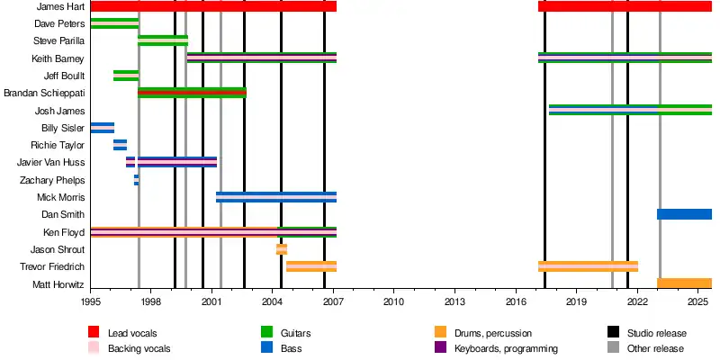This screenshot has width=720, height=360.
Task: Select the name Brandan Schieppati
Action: click(x=44, y=93)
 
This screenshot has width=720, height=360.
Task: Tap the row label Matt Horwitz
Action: click(x=58, y=283)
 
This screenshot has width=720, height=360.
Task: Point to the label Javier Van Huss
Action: click(x=50, y=162)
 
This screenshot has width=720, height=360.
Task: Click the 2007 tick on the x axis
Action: click(x=333, y=303)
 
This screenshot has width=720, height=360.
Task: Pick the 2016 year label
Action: click(x=516, y=303)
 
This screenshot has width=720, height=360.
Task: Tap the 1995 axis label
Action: click(x=90, y=303)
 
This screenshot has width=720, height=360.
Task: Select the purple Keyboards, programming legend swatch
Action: click(x=440, y=347)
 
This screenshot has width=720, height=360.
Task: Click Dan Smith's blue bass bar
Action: click(x=684, y=214)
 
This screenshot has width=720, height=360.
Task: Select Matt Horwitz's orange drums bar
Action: click(x=684, y=283)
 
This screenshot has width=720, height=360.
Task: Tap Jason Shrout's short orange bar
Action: click(x=282, y=249)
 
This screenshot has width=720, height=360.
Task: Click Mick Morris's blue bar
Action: click(x=276, y=197)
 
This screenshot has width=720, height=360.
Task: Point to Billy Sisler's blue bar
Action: click(x=102, y=128)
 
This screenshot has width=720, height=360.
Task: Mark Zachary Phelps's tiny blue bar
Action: click(x=136, y=180)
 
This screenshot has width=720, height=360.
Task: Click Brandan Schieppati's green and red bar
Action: click(x=192, y=93)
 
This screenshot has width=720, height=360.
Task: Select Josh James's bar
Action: click(x=630, y=110)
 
